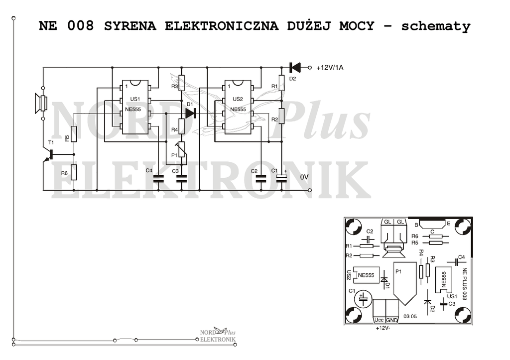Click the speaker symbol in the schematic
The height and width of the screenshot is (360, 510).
pos(41,104)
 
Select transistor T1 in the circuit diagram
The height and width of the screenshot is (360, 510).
pos(48,155)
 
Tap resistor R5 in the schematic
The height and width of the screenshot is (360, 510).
pos(74,134)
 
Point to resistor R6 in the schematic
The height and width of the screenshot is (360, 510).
pos(74,172)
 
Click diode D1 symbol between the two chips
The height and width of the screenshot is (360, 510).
pos(191,113)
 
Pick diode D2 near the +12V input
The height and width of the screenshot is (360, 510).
pos(295,68)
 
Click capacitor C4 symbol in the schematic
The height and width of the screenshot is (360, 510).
pos(158,178)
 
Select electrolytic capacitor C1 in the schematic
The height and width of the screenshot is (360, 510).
pos(282,178)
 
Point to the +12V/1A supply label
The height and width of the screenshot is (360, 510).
pos(330,68)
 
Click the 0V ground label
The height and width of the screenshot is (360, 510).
pos(304,177)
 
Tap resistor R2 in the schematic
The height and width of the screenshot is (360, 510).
pos(282,116)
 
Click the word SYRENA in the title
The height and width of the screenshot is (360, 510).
pos(130,26)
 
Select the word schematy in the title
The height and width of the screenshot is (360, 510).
pos(436,26)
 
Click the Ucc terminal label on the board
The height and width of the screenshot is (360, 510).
pos(379,320)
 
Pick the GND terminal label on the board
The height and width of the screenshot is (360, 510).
pos(392,320)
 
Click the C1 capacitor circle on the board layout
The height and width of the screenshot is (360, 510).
pos(363,298)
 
